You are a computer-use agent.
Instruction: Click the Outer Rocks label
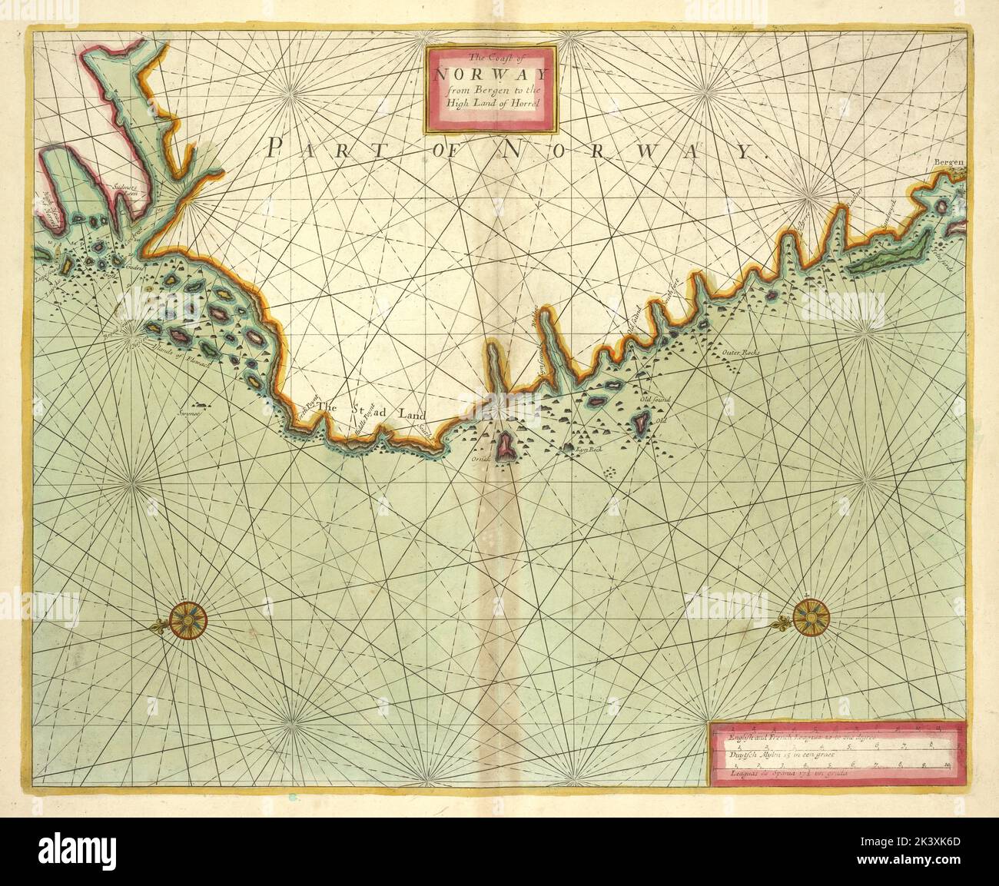point(740,353)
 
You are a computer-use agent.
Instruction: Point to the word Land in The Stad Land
point(412,413)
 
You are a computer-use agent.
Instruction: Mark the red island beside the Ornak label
point(505,446)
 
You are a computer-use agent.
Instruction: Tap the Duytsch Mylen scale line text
point(776,756)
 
